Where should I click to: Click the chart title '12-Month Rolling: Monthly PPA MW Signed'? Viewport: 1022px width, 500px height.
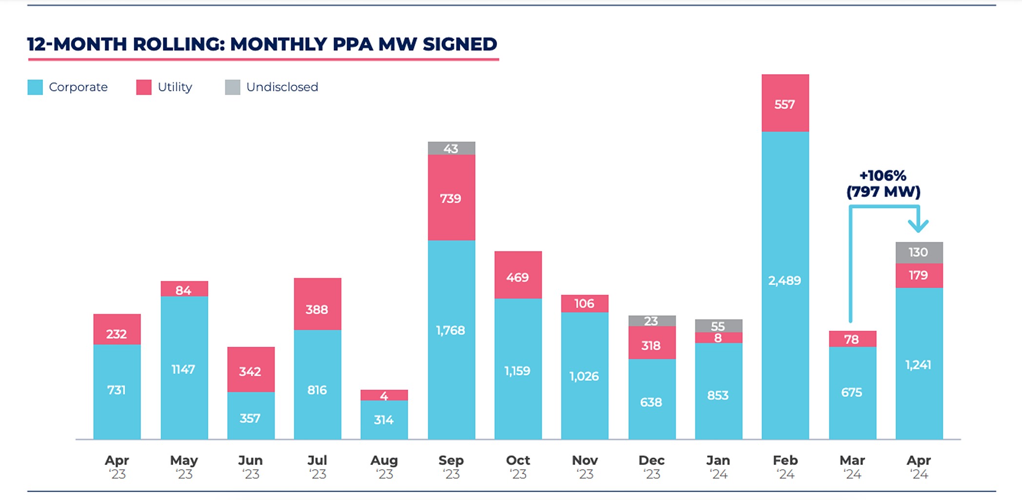coord(262,44)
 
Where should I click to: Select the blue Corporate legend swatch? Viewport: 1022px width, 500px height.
coord(35,87)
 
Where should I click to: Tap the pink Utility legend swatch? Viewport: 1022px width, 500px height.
coord(144,87)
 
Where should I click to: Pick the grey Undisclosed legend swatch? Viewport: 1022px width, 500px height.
coord(233,87)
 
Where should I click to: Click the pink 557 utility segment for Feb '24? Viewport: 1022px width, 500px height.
coord(785,103)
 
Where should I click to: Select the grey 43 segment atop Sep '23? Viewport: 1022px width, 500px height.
coord(452,148)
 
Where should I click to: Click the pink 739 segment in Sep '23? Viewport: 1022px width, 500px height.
coord(452,198)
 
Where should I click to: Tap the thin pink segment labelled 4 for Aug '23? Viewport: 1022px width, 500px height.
coord(384,395)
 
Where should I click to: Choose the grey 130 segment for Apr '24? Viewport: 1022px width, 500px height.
coord(919,253)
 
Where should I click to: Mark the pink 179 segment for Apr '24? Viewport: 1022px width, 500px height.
coord(919,276)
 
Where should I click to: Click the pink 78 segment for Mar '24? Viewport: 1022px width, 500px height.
coord(852,339)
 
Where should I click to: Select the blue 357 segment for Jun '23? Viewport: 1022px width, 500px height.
coord(251,416)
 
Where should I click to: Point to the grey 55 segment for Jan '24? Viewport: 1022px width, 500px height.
coord(718,326)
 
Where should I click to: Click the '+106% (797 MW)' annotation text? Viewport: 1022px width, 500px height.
coord(883,184)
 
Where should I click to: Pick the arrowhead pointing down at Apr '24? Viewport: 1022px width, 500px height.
coord(918,226)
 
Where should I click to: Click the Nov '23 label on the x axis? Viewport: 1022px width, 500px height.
coord(585,466)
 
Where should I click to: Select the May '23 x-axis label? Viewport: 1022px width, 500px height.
coord(184,466)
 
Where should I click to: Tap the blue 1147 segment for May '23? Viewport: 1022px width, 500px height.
coord(184,368)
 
